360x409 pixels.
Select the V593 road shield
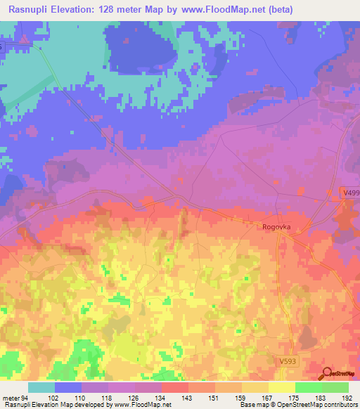click(283, 359)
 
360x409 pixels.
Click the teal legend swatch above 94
click(41, 387)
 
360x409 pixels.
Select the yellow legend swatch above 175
click(282, 387)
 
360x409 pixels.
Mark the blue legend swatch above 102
click(68, 387)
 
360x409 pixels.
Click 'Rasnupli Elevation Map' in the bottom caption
click(35, 405)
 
